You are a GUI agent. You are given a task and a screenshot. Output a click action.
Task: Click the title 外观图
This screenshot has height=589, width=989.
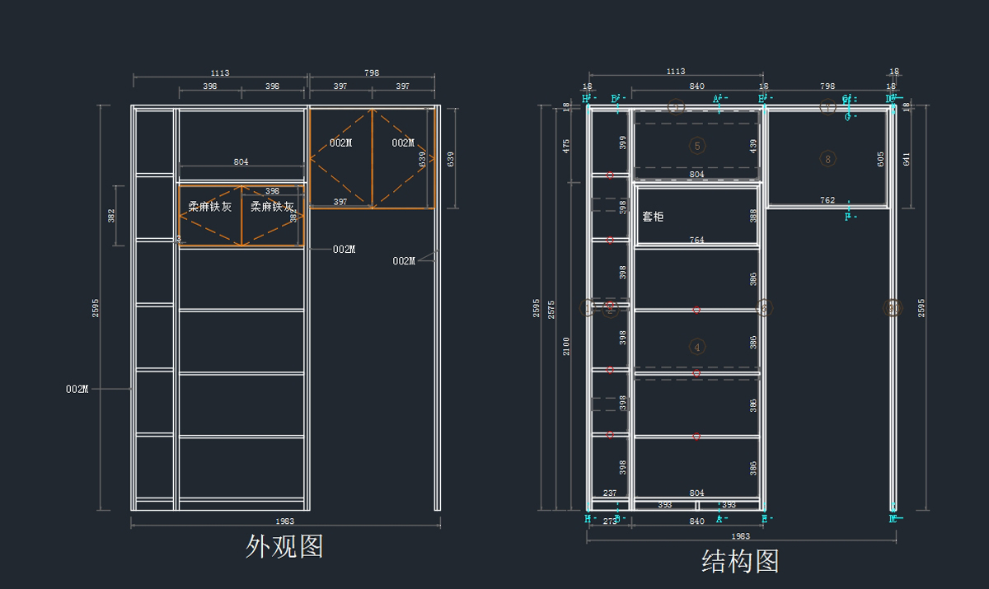pyautogui.click(x=284, y=545)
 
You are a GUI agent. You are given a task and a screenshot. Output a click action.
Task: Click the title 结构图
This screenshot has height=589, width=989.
pyautogui.click(x=740, y=562)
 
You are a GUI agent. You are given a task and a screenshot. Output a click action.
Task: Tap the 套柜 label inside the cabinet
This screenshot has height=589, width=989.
pyautogui.click(x=653, y=217)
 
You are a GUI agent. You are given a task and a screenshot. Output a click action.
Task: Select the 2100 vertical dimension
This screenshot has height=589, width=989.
pyautogui.click(x=566, y=347)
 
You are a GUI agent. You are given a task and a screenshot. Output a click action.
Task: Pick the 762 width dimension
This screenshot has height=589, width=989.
pyautogui.click(x=827, y=200)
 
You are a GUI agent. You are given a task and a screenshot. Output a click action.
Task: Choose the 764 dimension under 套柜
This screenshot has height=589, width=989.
pyautogui.click(x=696, y=240)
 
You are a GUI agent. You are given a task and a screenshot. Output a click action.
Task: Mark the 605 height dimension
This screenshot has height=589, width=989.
pyautogui.click(x=881, y=159)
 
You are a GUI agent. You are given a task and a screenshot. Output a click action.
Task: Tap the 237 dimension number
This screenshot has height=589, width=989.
pyautogui.click(x=610, y=493)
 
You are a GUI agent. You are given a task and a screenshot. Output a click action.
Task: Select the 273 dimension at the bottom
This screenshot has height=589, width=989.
pyautogui.click(x=610, y=521)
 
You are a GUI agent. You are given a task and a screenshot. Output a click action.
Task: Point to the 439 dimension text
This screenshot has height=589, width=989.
pyautogui.click(x=752, y=146)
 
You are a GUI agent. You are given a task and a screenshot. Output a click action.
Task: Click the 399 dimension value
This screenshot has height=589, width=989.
pyautogui.click(x=623, y=143)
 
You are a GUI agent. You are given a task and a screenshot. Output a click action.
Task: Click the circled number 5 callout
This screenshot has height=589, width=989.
pyautogui.click(x=697, y=146)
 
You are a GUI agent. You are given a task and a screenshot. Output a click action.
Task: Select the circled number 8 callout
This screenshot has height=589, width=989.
pyautogui.click(x=828, y=158)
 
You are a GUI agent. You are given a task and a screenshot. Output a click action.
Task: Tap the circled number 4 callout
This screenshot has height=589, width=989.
pyautogui.click(x=697, y=347)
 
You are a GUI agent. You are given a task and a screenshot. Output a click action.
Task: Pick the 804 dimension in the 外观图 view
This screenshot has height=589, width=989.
pyautogui.click(x=241, y=162)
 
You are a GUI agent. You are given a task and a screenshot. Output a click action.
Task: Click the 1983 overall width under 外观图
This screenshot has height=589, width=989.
pyautogui.click(x=285, y=521)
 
